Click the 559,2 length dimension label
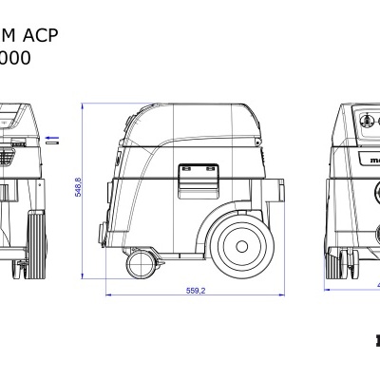pos(198,291)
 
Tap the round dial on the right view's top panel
pos(365,122)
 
